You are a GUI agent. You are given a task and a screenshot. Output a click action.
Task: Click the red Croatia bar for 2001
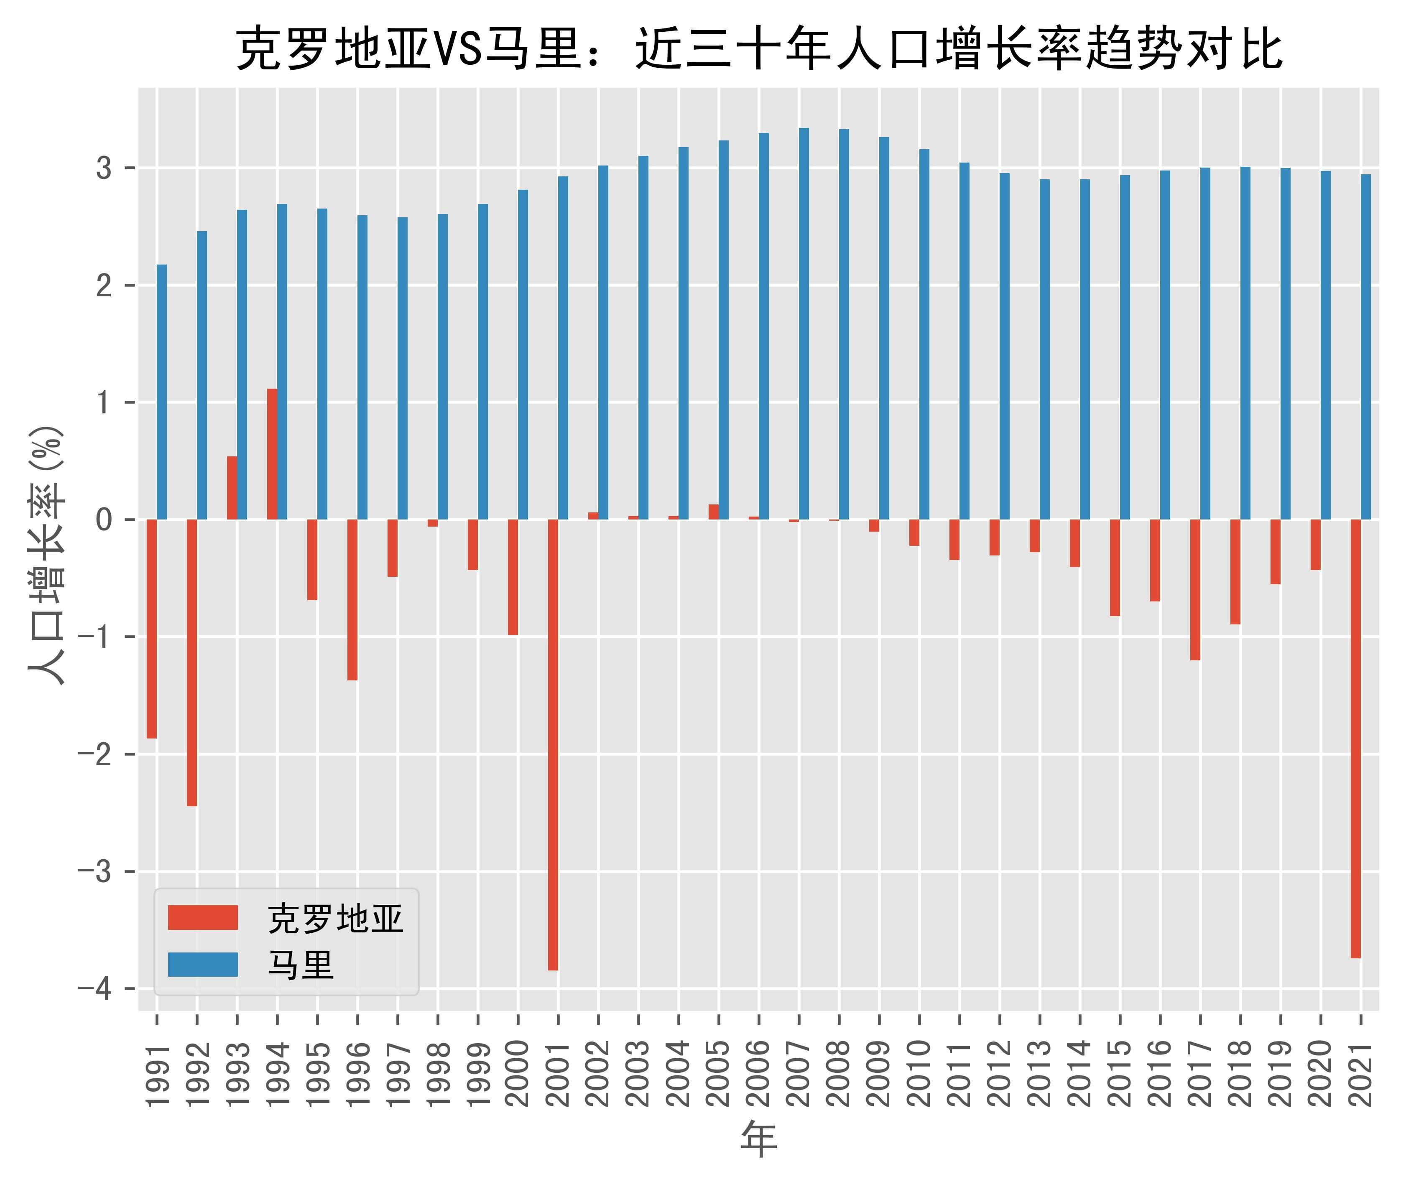pyautogui.click(x=553, y=745)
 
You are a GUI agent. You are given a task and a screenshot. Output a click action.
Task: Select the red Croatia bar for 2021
pyautogui.click(x=1356, y=739)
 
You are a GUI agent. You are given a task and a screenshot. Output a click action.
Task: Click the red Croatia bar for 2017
pyautogui.click(x=1195, y=590)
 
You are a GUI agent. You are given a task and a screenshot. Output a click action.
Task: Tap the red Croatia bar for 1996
pyautogui.click(x=352, y=600)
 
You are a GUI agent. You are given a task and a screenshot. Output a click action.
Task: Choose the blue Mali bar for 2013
pyautogui.click(x=1045, y=349)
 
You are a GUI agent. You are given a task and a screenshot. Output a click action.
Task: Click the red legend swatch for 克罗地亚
pyautogui.click(x=203, y=917)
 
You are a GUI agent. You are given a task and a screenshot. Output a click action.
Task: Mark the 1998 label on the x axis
pyautogui.click(x=438, y=1074)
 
